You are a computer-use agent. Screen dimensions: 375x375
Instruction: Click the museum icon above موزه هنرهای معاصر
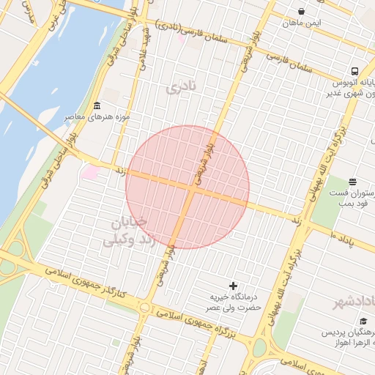pos(97,105)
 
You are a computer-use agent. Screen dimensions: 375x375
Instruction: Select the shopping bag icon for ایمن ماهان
pos(302,12)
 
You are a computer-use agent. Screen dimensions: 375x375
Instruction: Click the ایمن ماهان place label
pos(301,23)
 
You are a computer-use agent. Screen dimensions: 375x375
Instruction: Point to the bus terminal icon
pos(354,72)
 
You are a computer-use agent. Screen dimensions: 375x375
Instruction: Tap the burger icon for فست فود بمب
pos(352,182)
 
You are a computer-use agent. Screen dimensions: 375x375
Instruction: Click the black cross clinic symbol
pos(234,285)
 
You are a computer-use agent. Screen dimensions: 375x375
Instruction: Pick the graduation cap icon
pos(363,321)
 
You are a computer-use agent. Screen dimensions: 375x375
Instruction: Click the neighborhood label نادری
pos(182,88)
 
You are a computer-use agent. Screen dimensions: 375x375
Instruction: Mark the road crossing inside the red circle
pos(191,189)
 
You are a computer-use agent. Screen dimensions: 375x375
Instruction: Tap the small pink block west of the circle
pos(91,173)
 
